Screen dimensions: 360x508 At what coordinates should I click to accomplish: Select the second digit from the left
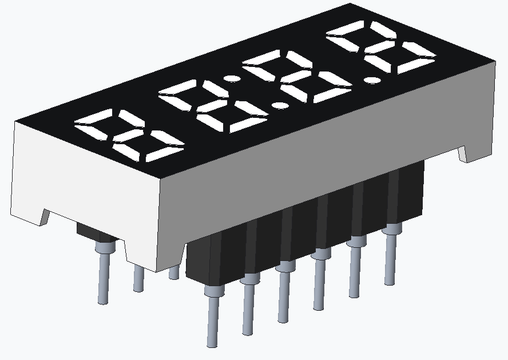[x=214, y=105]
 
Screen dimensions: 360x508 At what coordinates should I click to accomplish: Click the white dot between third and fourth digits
[x=372, y=80]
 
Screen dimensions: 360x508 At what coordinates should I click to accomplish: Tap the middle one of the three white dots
[x=280, y=105]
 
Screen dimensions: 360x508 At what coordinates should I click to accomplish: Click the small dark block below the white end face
[x=94, y=231]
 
